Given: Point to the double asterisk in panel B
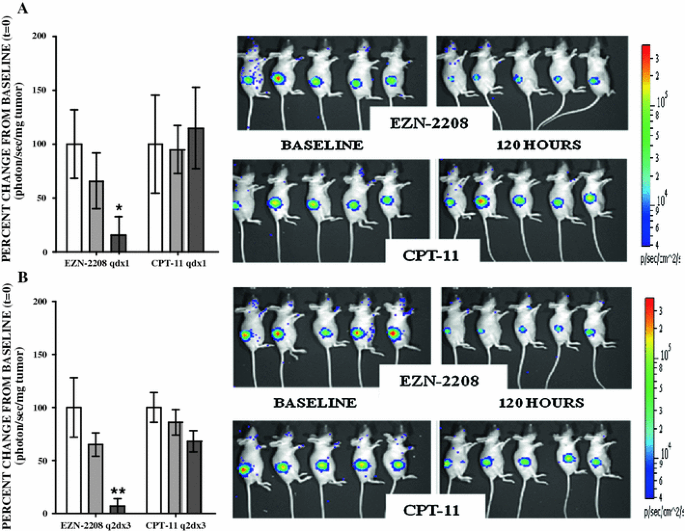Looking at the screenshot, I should [x=118, y=491].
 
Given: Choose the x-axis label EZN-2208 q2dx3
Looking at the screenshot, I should [x=95, y=522].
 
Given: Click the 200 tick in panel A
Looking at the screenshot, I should [x=40, y=37].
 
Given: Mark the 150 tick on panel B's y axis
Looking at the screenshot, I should [x=40, y=355].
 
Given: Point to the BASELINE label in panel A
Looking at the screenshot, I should [x=321, y=145].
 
